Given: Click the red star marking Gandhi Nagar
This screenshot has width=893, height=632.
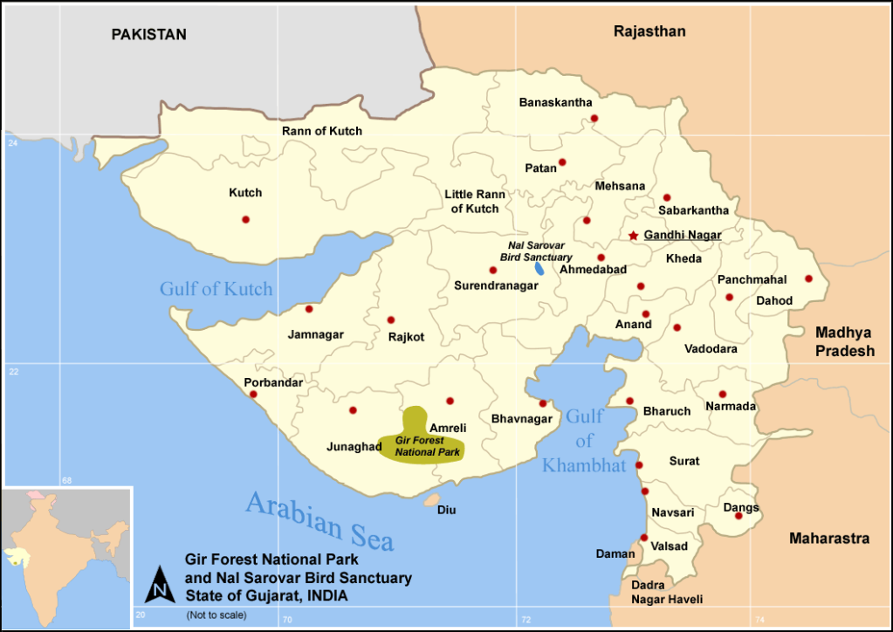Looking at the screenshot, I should [x=634, y=236].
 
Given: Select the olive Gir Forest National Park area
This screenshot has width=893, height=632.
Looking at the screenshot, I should [x=423, y=441].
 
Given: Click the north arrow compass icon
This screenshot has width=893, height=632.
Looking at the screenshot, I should [x=160, y=583].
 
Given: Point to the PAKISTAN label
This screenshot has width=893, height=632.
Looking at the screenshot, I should [x=148, y=35].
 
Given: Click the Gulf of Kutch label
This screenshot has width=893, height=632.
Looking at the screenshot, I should [x=216, y=289].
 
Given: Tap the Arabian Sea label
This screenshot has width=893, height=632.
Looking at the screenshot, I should [x=319, y=519].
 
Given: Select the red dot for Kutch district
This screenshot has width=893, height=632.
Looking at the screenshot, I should [x=245, y=219].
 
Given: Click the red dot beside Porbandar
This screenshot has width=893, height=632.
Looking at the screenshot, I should [x=253, y=394].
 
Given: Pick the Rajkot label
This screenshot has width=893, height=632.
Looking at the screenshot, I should [x=406, y=336].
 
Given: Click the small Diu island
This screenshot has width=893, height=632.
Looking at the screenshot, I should [x=431, y=500].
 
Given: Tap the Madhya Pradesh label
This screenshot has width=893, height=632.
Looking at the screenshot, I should [x=844, y=341].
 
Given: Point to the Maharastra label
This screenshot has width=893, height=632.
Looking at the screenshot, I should [x=829, y=539].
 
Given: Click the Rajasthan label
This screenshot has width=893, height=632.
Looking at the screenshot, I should [x=649, y=31].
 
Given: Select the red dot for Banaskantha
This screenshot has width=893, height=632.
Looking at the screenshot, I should [x=594, y=118].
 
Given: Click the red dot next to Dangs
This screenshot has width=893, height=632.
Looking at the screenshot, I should [x=738, y=516].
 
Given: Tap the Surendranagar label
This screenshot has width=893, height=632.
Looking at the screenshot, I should [x=496, y=285].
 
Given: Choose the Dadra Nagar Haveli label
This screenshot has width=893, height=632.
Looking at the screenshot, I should [x=668, y=592].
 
